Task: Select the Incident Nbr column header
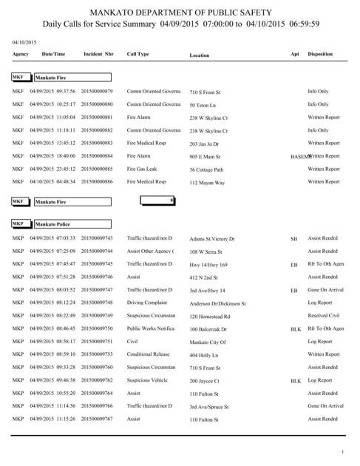(x=98, y=54)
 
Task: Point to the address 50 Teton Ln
(x=205, y=105)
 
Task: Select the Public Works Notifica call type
(x=152, y=328)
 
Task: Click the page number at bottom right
(x=342, y=452)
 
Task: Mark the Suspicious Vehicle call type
(x=148, y=380)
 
